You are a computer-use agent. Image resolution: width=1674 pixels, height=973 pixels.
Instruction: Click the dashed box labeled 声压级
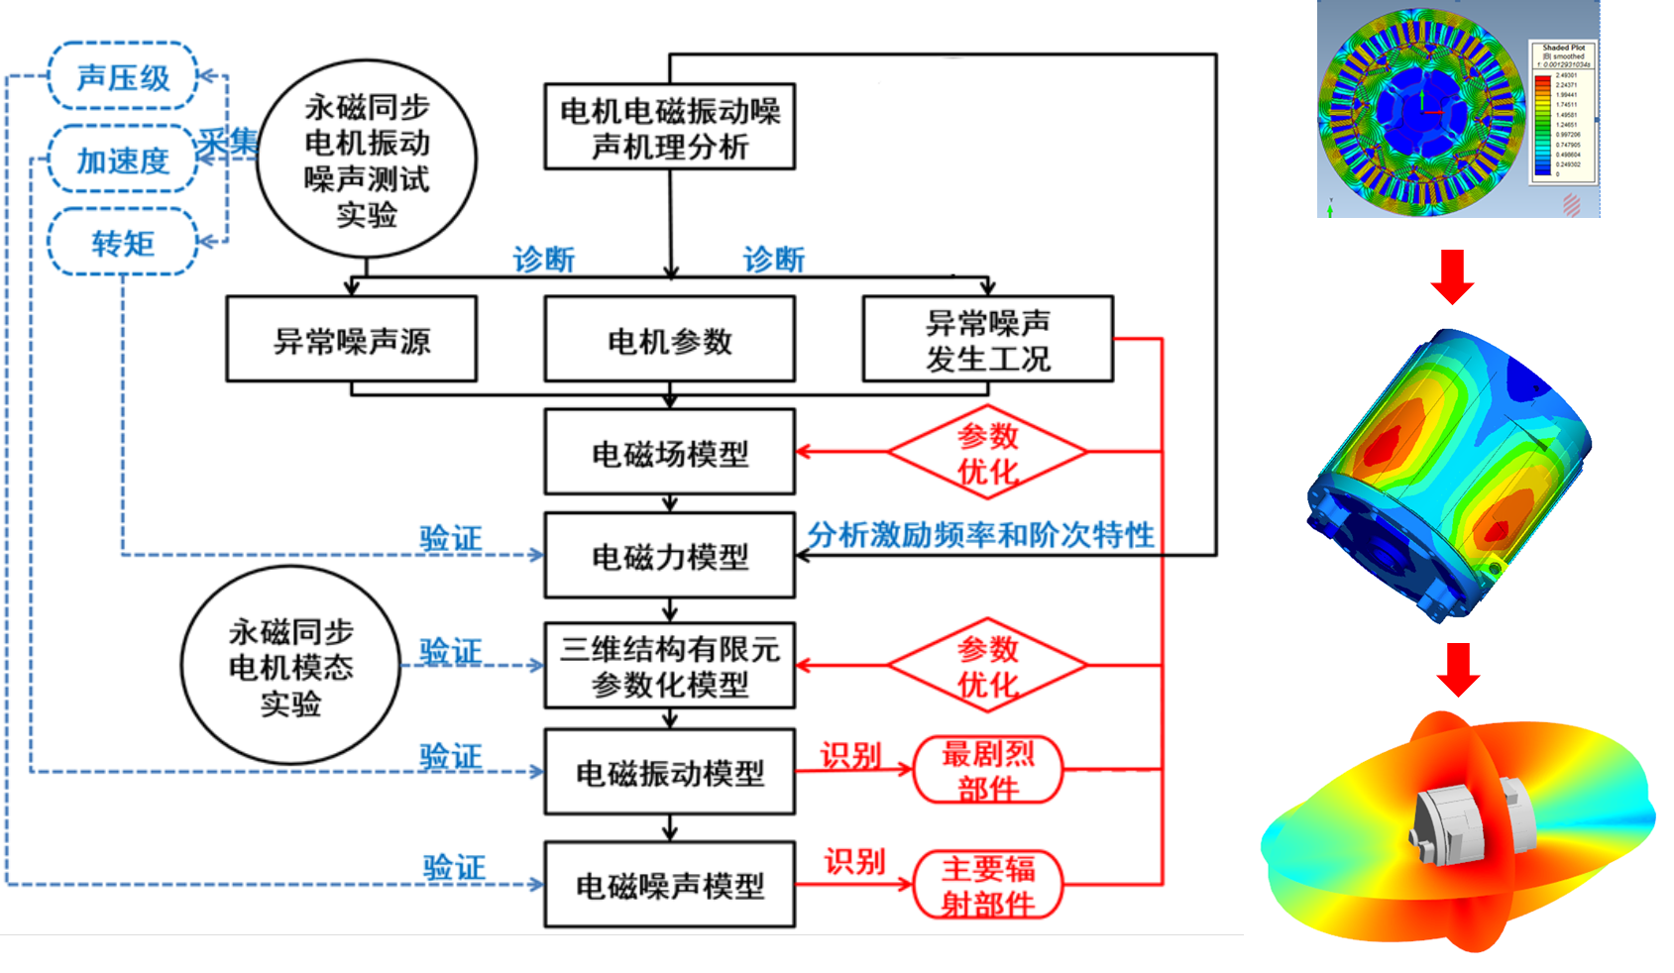point(123,76)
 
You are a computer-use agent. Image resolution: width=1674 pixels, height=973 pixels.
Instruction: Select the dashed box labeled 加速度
point(123,160)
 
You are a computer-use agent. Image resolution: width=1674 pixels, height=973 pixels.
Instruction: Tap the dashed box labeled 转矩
point(123,242)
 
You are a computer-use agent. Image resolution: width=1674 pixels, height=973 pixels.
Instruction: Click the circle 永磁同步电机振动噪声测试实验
point(367,159)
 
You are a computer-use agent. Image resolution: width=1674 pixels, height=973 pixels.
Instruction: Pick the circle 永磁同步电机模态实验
point(290,666)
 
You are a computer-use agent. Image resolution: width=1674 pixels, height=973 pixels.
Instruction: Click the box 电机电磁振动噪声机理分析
point(670,128)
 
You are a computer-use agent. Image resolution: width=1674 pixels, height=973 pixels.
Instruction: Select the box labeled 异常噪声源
point(352,340)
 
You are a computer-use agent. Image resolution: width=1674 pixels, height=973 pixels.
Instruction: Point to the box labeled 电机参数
point(670,340)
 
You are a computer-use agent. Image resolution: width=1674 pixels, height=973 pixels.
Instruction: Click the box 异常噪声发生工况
point(987,340)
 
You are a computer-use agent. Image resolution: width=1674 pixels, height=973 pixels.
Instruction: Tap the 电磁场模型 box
point(670,453)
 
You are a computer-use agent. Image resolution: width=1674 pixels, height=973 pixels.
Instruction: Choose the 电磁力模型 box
point(670,556)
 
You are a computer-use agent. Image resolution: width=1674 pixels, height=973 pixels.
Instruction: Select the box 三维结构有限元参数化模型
point(670,666)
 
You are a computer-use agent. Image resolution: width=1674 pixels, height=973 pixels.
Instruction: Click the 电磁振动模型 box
point(670,772)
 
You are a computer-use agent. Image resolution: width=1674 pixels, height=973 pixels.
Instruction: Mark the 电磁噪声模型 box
point(670,885)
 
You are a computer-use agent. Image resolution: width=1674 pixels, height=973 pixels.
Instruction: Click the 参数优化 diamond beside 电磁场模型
point(987,452)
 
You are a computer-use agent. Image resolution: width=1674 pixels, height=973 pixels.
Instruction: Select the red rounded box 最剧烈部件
point(987,770)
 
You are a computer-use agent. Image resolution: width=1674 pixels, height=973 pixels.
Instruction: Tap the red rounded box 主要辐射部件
point(987,885)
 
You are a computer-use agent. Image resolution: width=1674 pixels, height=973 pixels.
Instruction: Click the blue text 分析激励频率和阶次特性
point(980,535)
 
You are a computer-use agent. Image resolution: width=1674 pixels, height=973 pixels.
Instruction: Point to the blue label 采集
point(227,142)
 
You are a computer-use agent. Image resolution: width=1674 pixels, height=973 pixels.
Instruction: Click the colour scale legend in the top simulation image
point(1563,112)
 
